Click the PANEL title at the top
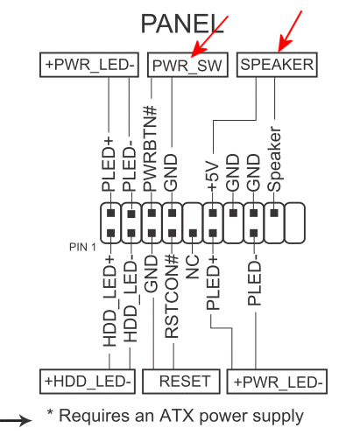pyautogui.click(x=182, y=24)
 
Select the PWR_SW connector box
pyautogui.click(x=187, y=65)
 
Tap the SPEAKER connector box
pyautogui.click(x=277, y=65)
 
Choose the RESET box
pyautogui.click(x=181, y=382)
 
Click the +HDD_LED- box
pyautogui.click(x=88, y=382)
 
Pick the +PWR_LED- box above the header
pyautogui.click(x=89, y=65)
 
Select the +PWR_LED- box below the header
pyautogui.click(x=277, y=382)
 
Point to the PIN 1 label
pyautogui.click(x=82, y=248)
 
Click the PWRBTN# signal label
pyautogui.click(x=151, y=149)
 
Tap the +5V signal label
pyautogui.click(x=213, y=176)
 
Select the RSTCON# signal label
pyautogui.click(x=172, y=296)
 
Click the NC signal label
pyautogui.click(x=192, y=266)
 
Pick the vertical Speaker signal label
pyautogui.click(x=274, y=159)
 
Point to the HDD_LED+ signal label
pyautogui.click(x=109, y=301)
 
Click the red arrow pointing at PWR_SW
pyautogui.click(x=209, y=36)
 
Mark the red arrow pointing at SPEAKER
pyautogui.click(x=290, y=32)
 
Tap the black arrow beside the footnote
pyautogui.click(x=16, y=420)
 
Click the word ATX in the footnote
pyautogui.click(x=176, y=416)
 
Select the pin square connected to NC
pyautogui.click(x=193, y=233)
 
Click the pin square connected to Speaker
pyautogui.click(x=274, y=213)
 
